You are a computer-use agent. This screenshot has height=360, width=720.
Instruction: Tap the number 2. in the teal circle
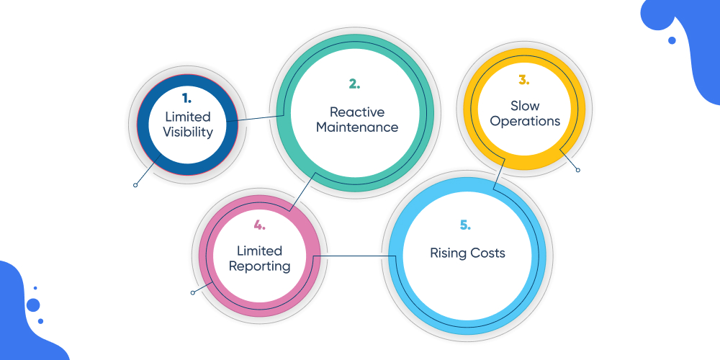click(x=354, y=84)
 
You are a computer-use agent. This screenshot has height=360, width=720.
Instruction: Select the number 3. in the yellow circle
click(x=524, y=81)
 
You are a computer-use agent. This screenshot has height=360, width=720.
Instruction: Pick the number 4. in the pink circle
click(x=259, y=225)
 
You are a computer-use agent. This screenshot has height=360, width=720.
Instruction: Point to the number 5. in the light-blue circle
click(x=465, y=225)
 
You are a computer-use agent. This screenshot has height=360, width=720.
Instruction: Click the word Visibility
click(x=188, y=132)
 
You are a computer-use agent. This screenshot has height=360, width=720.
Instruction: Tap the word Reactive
click(x=357, y=112)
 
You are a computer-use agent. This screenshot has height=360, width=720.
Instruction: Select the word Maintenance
click(x=357, y=127)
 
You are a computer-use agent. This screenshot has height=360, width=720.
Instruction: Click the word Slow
click(x=525, y=106)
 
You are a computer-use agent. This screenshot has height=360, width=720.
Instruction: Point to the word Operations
click(x=525, y=121)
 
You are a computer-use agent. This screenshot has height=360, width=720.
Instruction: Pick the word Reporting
click(x=260, y=266)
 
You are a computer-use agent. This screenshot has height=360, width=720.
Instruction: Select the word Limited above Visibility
click(x=188, y=117)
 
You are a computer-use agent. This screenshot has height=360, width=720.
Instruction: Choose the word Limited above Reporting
click(x=260, y=251)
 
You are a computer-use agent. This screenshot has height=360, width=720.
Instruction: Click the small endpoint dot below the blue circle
click(x=135, y=185)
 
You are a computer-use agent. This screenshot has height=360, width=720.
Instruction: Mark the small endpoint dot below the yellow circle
click(x=577, y=170)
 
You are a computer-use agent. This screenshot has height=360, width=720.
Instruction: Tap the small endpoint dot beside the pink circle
click(x=192, y=292)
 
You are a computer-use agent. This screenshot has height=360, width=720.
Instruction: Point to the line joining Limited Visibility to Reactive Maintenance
click(x=256, y=118)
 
